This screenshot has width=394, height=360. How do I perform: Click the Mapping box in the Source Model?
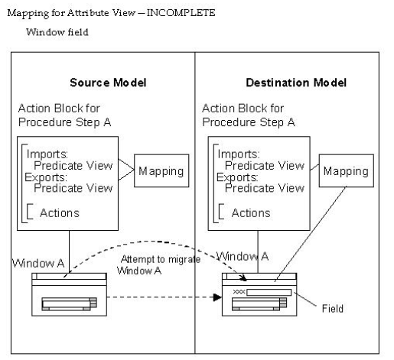coord(161,171)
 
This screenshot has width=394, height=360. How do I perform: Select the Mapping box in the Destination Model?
coord(345,171)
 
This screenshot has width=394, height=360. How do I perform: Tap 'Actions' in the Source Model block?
coord(58,212)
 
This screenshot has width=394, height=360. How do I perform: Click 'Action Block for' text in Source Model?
coord(60,109)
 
